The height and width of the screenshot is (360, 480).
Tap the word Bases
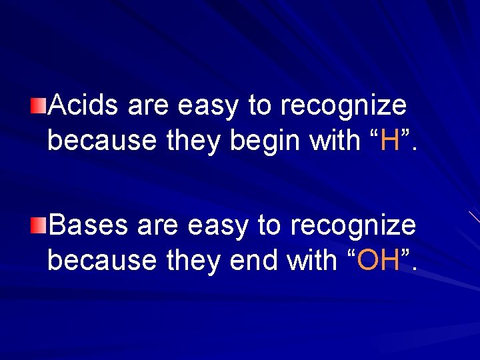pyautogui.click(x=88, y=225)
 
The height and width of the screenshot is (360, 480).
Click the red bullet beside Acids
pyautogui.click(x=39, y=104)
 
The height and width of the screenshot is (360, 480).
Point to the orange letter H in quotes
pyautogui.click(x=391, y=141)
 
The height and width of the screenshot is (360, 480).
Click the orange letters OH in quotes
pyautogui.click(x=378, y=261)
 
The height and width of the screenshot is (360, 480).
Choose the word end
pyautogui.click(x=254, y=261)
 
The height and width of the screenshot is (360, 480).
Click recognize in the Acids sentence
pyautogui.click(x=343, y=105)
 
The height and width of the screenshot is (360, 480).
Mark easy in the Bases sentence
pyautogui.click(x=212, y=225)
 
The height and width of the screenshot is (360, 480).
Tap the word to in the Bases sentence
pyautogui.click(x=268, y=225)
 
